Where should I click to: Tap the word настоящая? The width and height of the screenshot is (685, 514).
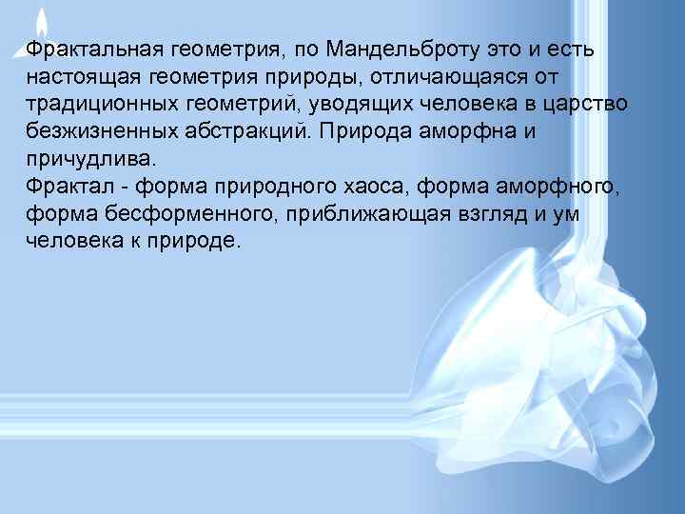pos(82,75)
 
